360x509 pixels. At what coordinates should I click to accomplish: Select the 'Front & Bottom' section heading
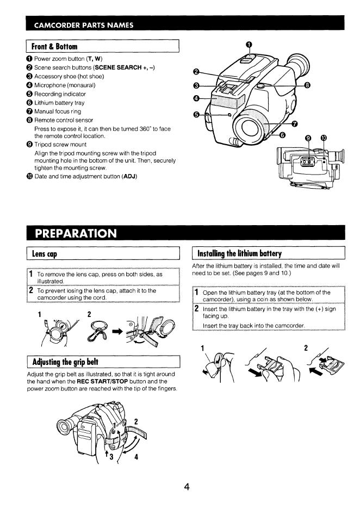pyautogui.click(x=55, y=47)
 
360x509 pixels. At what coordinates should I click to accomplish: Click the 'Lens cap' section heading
pyautogui.click(x=45, y=254)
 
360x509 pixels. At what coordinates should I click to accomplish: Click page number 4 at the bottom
pyautogui.click(x=186, y=487)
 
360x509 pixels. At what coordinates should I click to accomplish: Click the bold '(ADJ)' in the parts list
pyautogui.click(x=129, y=176)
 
